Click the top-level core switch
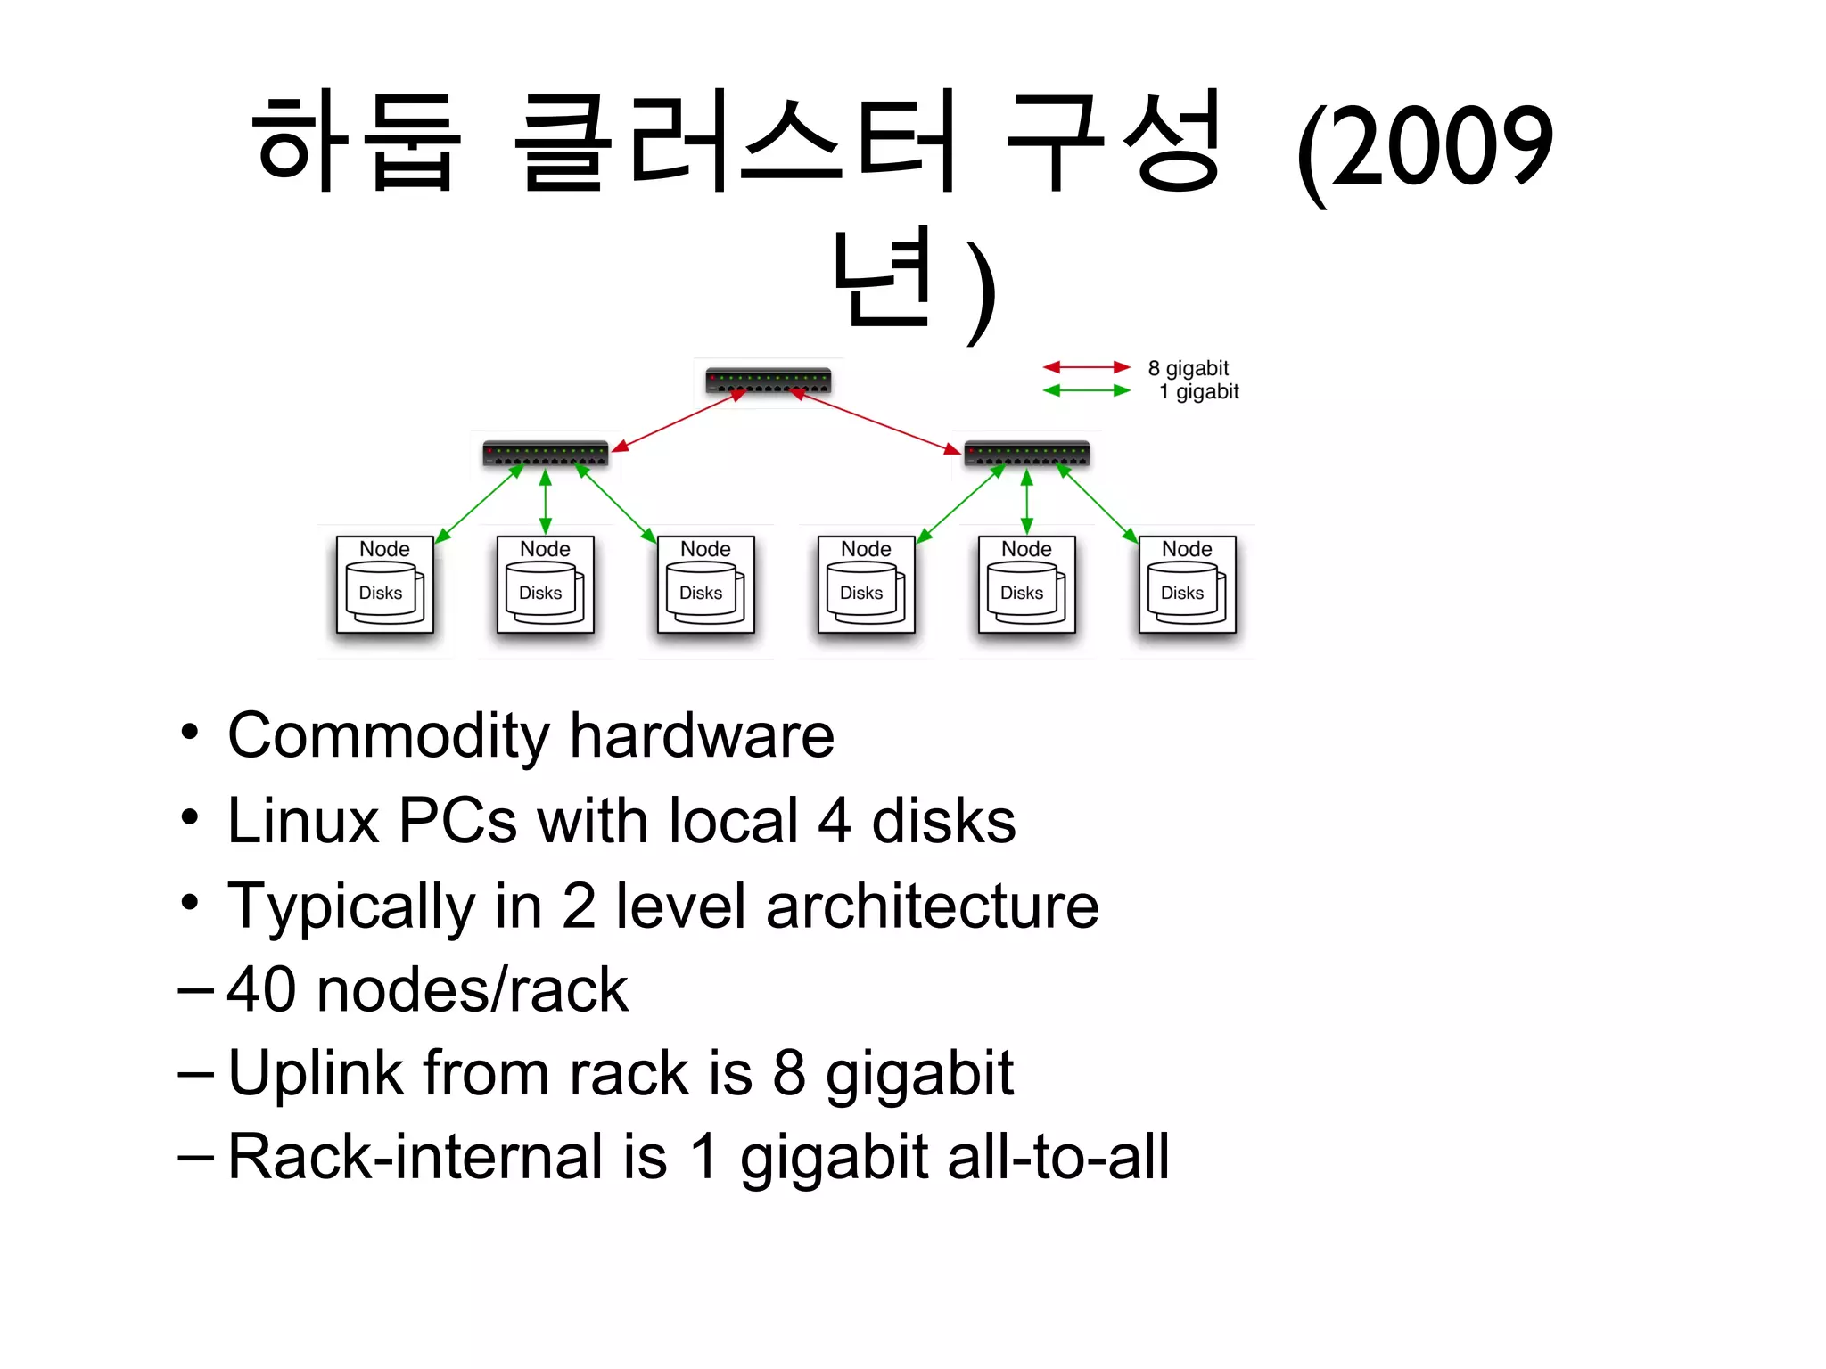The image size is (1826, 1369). (x=768, y=381)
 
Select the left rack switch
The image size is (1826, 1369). (x=545, y=453)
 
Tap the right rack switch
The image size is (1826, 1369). (x=1026, y=453)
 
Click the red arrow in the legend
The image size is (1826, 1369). (x=1086, y=367)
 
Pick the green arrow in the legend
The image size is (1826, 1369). (x=1086, y=390)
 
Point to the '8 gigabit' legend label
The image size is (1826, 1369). (x=1188, y=368)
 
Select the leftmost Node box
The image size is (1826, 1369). (x=384, y=584)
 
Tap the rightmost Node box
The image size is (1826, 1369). (x=1187, y=584)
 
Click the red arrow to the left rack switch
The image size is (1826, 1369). (x=676, y=421)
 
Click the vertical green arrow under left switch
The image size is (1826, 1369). (x=546, y=502)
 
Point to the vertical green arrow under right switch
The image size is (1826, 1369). (x=1027, y=502)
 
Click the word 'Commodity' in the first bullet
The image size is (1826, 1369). (x=389, y=736)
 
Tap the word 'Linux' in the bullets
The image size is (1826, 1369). (x=303, y=821)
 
